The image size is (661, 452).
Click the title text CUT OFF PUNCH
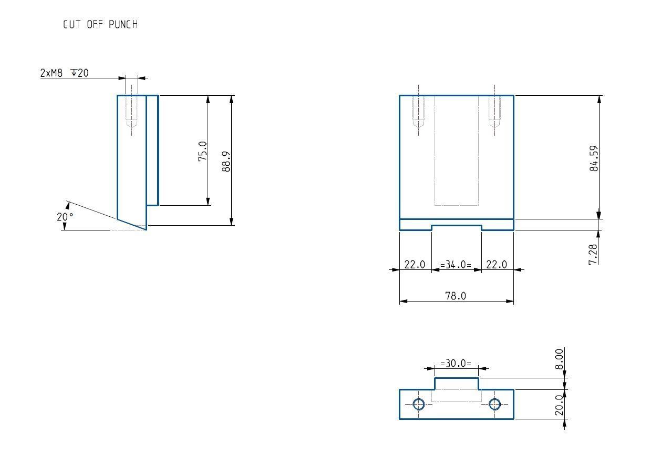(x=100, y=25)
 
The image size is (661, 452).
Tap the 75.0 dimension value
(x=203, y=151)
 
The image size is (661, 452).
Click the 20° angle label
(x=65, y=217)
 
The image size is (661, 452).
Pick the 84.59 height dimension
(x=594, y=158)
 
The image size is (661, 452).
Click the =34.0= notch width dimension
(x=456, y=265)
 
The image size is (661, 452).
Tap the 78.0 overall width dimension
(x=456, y=296)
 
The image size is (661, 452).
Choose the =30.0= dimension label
(x=456, y=363)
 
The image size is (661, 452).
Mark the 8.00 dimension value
(x=560, y=359)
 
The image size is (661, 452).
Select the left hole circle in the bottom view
(x=419, y=404)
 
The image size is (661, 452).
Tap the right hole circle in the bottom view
(x=494, y=404)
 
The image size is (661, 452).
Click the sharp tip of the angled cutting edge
(x=146, y=229)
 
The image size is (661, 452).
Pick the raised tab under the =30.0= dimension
(x=456, y=384)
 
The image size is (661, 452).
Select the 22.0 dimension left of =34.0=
(x=415, y=265)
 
